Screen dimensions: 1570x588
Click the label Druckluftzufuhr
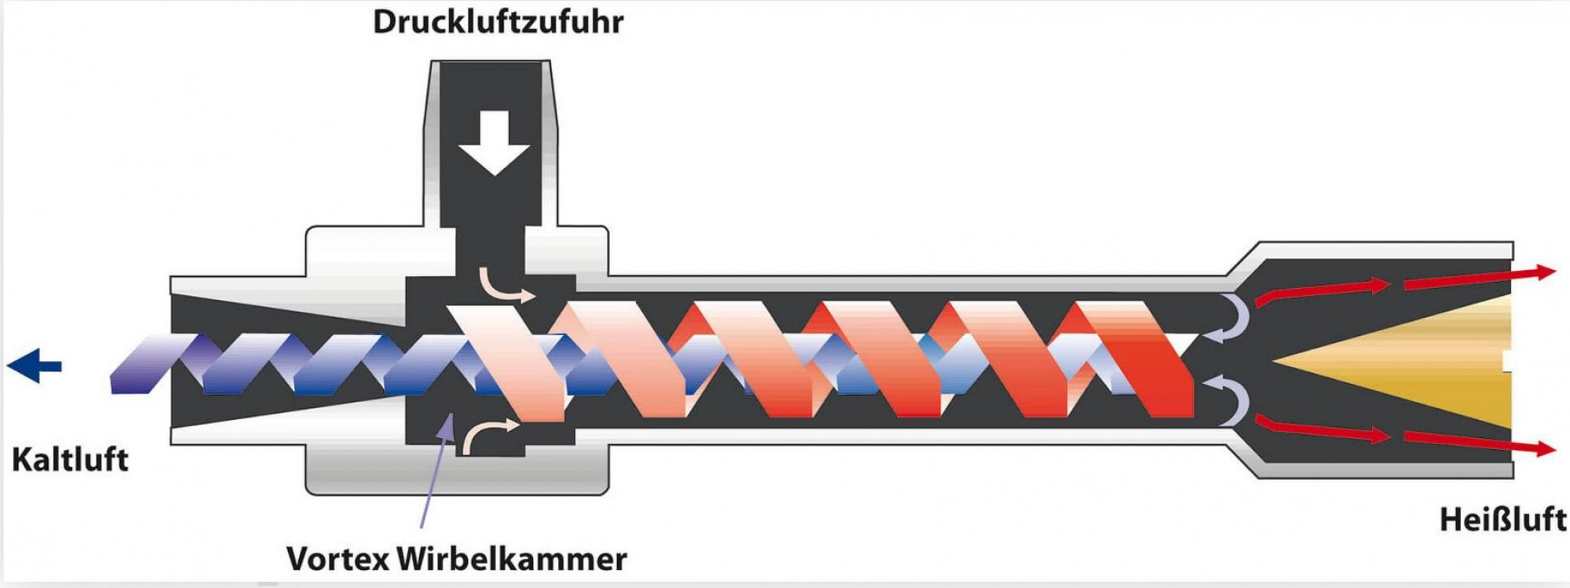click(498, 22)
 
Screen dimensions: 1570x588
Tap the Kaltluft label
click(70, 459)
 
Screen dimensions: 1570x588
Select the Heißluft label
click(1502, 520)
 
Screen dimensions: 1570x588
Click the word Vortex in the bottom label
click(338, 559)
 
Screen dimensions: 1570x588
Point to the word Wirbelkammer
click(512, 559)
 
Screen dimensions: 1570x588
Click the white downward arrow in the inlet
click(495, 142)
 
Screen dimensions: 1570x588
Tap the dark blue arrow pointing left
click(35, 366)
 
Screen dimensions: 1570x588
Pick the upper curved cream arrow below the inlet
click(506, 286)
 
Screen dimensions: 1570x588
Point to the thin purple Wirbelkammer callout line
click(436, 469)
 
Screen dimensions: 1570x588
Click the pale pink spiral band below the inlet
click(507, 361)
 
